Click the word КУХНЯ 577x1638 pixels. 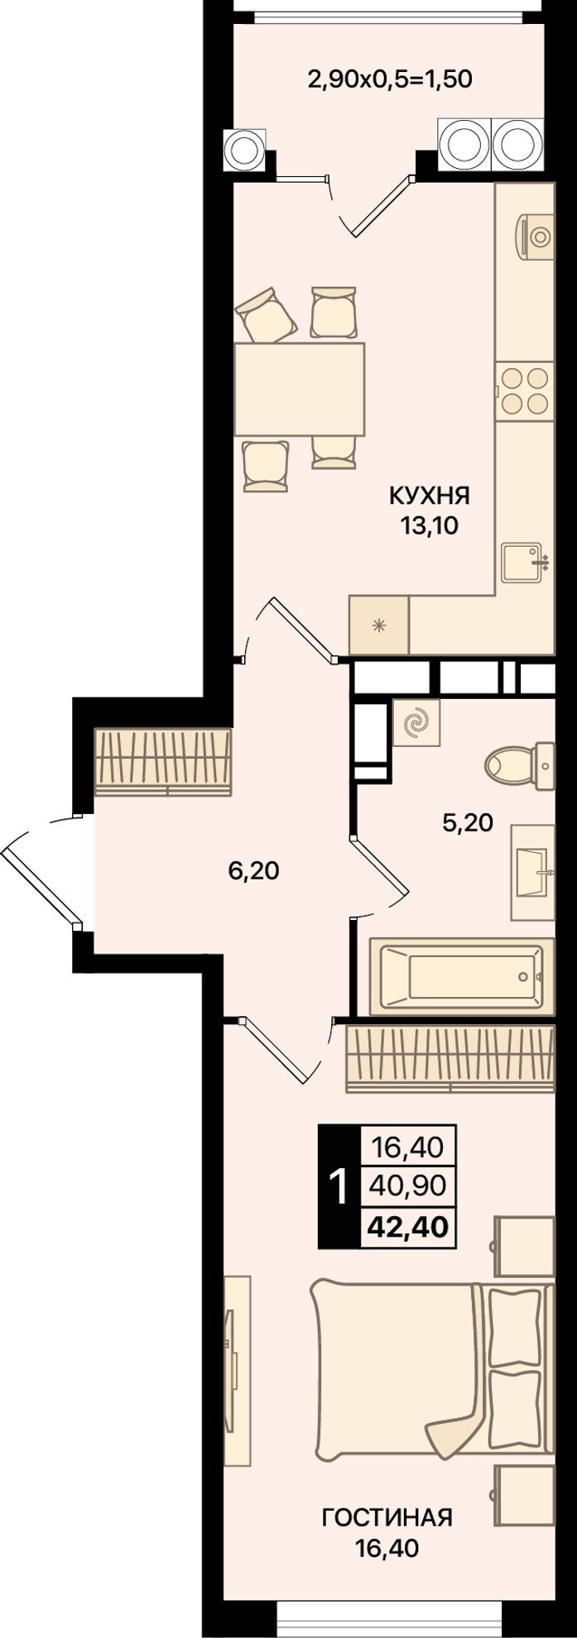[x=430, y=496]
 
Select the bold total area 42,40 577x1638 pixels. [x=406, y=1225]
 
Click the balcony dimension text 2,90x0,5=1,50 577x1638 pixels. [x=389, y=79]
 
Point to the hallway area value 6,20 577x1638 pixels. [x=253, y=870]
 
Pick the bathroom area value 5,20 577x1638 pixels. [x=468, y=822]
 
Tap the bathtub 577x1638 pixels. [x=461, y=976]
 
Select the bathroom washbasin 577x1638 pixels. [x=531, y=872]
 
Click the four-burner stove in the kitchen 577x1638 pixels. [x=524, y=390]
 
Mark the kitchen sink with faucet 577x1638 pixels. [x=524, y=563]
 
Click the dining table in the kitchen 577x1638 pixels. [x=300, y=389]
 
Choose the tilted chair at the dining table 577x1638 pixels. [x=266, y=314]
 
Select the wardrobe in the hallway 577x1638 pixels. [x=162, y=762]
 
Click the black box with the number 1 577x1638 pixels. [x=339, y=1186]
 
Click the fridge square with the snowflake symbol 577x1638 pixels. [x=379, y=625]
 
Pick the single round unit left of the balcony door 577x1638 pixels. [x=244, y=150]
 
